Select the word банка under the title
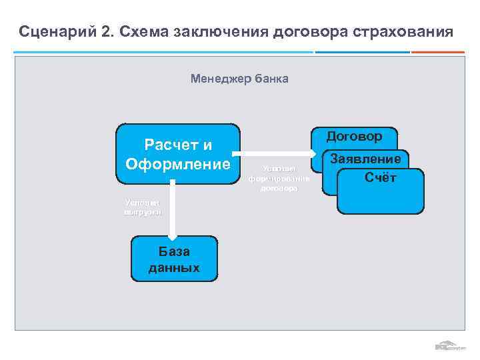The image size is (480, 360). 271,79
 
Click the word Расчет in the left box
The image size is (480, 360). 178,145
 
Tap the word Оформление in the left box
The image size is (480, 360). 178,163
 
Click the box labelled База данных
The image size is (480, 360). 174,259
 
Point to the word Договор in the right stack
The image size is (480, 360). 354,136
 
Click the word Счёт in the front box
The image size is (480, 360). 381,177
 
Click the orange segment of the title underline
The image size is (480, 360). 437,52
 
